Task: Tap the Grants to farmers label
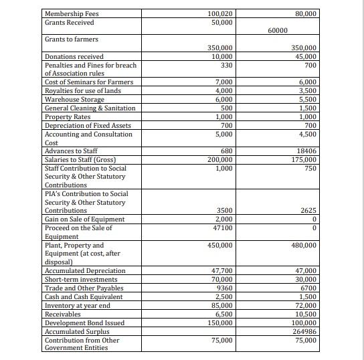click(x=71, y=39)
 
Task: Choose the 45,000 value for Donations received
click(x=304, y=57)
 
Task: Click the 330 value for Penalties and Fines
click(x=226, y=65)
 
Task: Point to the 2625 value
click(x=307, y=211)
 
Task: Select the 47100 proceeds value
click(x=221, y=228)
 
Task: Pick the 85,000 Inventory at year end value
click(x=221, y=306)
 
